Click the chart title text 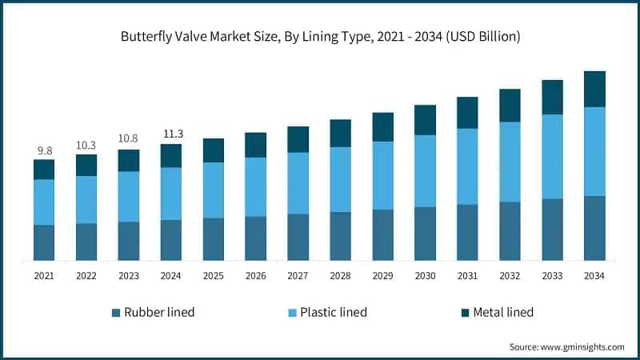[319, 36]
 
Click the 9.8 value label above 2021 [44, 150]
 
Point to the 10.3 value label [86, 145]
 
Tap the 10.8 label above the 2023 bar [129, 139]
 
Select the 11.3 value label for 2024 [171, 134]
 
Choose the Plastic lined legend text [333, 312]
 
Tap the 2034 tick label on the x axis [594, 275]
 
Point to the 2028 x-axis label [340, 275]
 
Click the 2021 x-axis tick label [44, 275]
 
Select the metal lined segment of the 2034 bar [594, 89]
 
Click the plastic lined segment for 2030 [425, 170]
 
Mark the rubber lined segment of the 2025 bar [214, 238]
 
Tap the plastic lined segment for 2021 [44, 202]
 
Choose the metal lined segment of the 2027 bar [298, 139]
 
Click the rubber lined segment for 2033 [552, 229]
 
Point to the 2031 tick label [467, 275]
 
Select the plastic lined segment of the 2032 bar [510, 162]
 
